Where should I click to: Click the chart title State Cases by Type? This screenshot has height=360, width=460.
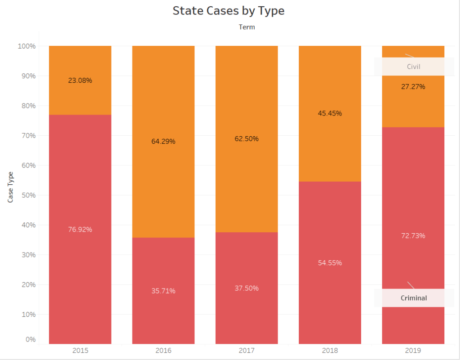(x=228, y=11)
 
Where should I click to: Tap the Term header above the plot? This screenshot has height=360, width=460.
(x=247, y=27)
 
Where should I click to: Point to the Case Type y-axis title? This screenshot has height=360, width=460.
(x=10, y=187)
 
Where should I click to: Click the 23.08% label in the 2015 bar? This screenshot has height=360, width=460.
(x=80, y=80)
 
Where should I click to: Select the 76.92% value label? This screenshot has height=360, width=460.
(x=80, y=229)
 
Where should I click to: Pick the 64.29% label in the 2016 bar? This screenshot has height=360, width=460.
(x=163, y=142)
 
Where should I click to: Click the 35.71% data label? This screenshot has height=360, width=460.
(x=163, y=291)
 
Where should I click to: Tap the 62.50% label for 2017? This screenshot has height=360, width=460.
(x=247, y=139)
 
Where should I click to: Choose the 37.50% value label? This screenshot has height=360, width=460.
(x=247, y=288)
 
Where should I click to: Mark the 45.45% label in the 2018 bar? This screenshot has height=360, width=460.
(x=330, y=113)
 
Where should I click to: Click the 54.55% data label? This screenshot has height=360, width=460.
(x=330, y=263)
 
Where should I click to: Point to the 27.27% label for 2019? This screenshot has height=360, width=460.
(x=413, y=86)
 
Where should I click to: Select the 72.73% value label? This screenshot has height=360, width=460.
(x=413, y=236)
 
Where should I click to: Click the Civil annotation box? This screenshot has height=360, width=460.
(x=414, y=67)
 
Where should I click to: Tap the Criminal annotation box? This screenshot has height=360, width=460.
(x=414, y=298)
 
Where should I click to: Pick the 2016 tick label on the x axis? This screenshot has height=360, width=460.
(x=163, y=351)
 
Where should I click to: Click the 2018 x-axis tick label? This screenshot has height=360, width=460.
(x=330, y=351)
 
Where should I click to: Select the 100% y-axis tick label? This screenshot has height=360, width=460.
(x=27, y=46)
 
